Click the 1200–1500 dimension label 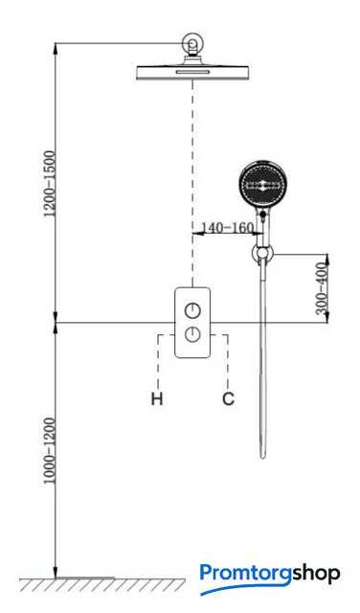pos(51,183)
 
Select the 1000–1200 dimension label pos(50,451)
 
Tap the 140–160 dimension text pos(227,227)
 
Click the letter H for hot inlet pos(157,399)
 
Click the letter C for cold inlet pos(228,399)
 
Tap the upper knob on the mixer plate pos(192,310)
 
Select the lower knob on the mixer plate pos(192,334)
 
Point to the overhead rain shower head pos(192,73)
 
